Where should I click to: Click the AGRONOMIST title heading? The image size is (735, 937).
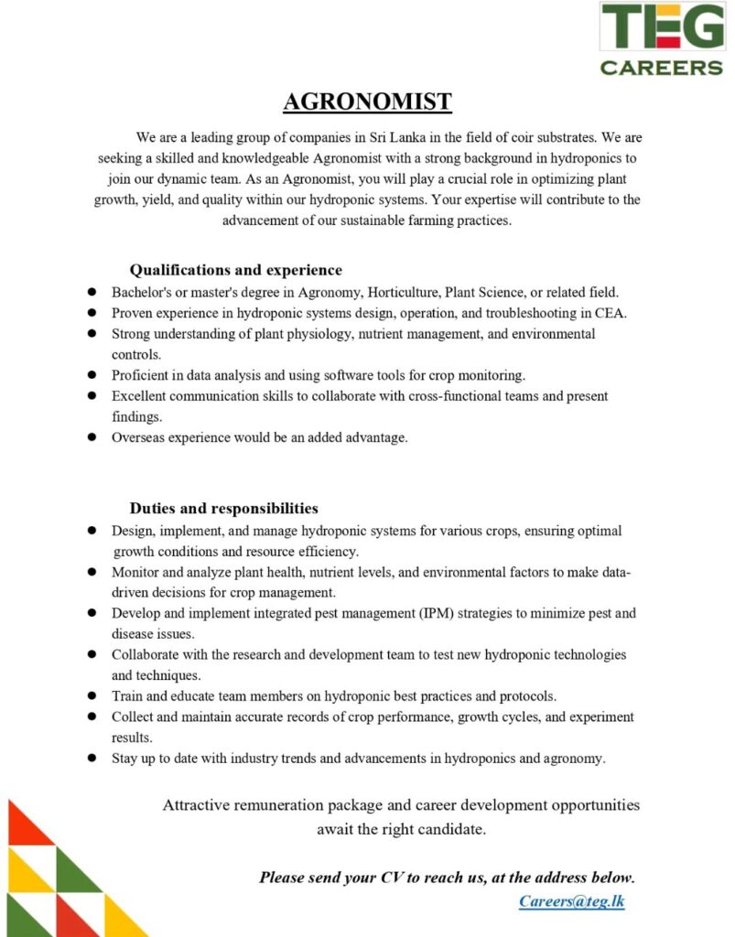coord(367,101)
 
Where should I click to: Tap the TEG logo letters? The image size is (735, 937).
coord(662,27)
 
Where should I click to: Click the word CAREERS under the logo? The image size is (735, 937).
coord(662,67)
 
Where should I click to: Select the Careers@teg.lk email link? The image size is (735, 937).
coord(572,901)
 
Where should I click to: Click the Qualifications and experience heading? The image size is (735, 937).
coord(235,270)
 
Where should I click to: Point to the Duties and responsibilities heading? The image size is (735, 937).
coord(223,508)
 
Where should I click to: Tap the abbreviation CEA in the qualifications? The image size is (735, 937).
coord(611,313)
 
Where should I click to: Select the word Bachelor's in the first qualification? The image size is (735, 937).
coord(143,293)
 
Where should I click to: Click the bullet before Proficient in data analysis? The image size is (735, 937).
coord(92,375)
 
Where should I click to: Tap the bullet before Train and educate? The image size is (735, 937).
coord(92,696)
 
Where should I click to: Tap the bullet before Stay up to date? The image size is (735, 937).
coord(92,759)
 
